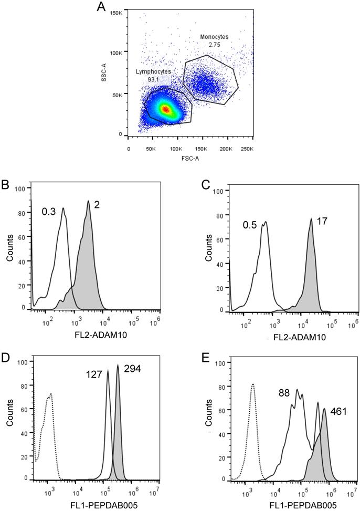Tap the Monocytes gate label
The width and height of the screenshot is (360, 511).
[x=213, y=37]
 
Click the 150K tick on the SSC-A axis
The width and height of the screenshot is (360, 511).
[x=117, y=12]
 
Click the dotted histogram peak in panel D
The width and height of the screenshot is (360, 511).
[x=50, y=393]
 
